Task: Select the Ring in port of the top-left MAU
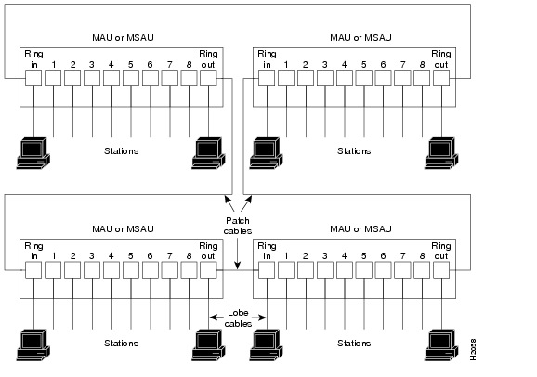click(x=33, y=79)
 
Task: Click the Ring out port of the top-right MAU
click(x=441, y=79)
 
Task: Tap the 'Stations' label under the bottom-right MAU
click(x=354, y=342)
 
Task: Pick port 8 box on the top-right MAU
click(x=422, y=79)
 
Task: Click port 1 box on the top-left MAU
click(x=53, y=79)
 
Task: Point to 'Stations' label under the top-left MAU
click(x=120, y=150)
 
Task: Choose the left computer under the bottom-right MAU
click(x=267, y=344)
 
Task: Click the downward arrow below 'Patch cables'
click(x=237, y=256)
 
